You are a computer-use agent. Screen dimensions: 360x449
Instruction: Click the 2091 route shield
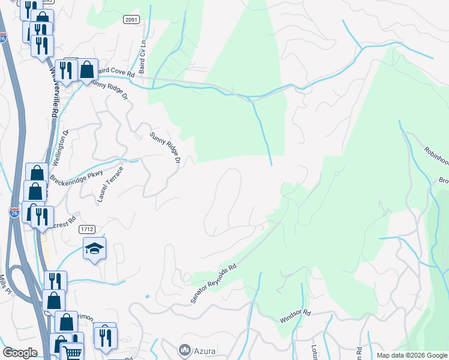pos(131,20)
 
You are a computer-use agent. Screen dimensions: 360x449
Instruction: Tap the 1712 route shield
pos(87,229)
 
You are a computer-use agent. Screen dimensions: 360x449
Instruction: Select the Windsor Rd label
pos(295,316)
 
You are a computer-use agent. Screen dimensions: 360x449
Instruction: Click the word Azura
pos(205,349)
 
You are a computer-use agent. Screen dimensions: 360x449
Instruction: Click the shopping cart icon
pos(73,352)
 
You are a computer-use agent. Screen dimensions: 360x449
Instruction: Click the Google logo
pos(20,353)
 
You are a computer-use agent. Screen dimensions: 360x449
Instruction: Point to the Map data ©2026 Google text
pos(412,355)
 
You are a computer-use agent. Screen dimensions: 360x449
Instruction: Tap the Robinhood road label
pos(436,158)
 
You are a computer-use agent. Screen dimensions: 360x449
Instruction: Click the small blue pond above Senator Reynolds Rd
pos(147,296)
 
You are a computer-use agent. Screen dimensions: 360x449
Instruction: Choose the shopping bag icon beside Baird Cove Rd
pos(87,70)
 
